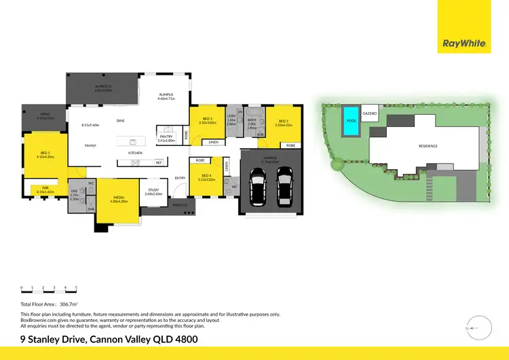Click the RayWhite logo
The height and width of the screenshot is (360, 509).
(464, 43)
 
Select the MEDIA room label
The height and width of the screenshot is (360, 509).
(119, 198)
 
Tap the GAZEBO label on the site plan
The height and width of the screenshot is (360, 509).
(369, 113)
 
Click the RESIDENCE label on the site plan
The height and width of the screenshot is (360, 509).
(428, 145)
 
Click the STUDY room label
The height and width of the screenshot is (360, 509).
(153, 191)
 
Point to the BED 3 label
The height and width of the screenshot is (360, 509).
(208, 120)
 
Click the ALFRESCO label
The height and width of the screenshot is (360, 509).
(102, 87)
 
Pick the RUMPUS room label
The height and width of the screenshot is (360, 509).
(166, 94)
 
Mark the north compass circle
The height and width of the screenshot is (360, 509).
(479, 329)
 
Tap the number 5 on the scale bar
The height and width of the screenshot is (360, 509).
(76, 288)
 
